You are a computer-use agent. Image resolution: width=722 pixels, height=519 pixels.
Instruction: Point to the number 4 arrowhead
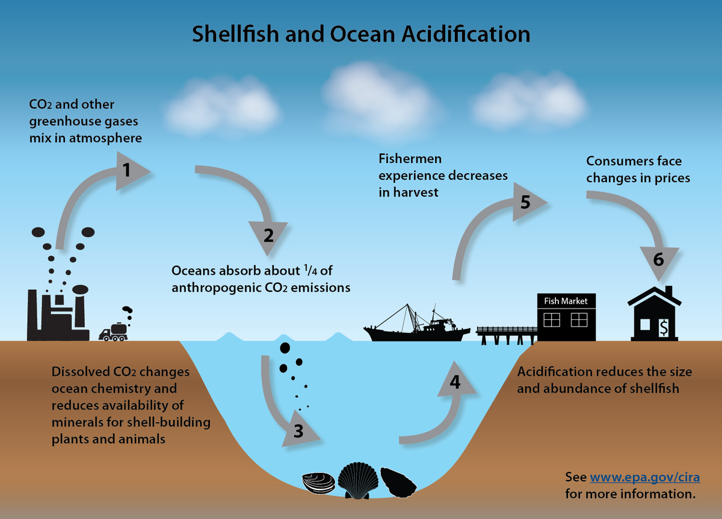[x=455, y=382]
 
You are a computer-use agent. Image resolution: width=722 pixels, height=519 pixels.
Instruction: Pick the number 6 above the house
[x=658, y=260]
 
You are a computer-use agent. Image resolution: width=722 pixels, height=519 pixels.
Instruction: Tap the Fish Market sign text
[x=566, y=301]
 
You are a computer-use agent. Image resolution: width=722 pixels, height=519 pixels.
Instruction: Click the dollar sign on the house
[x=664, y=328]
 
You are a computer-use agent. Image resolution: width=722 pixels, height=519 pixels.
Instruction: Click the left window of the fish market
[x=551, y=319]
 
